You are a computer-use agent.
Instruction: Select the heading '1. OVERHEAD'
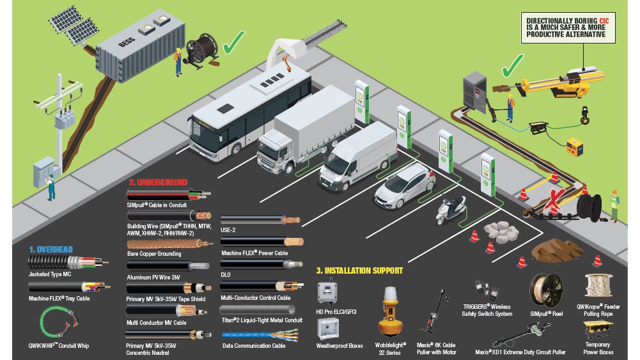tap(51, 249)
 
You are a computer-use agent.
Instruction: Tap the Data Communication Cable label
tap(254, 345)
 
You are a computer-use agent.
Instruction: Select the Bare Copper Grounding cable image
tap(169, 244)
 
